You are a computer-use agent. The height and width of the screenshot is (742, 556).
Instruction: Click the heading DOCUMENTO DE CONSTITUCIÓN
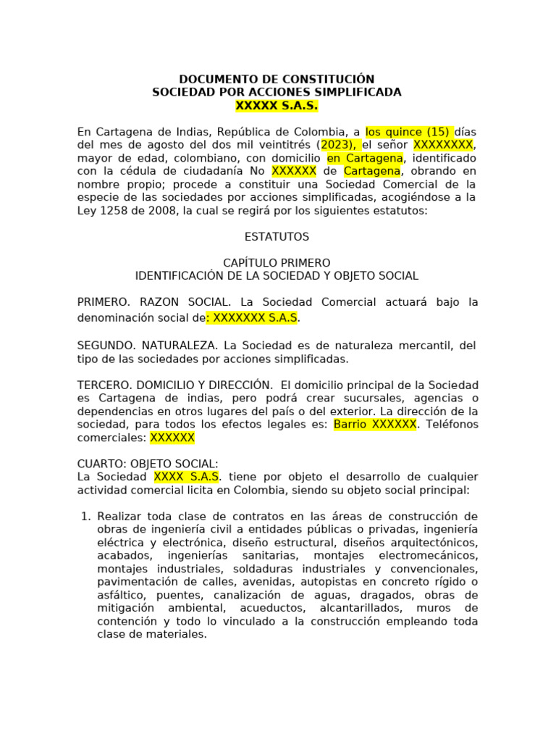coord(277,79)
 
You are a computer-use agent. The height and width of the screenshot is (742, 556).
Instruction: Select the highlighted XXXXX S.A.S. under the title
coord(277,106)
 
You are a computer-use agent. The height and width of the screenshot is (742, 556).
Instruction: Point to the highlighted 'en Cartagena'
coord(364,158)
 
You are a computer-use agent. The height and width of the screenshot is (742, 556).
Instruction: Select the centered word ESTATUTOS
coord(277,237)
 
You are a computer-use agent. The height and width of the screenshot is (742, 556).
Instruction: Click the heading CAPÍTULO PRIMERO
coord(277,263)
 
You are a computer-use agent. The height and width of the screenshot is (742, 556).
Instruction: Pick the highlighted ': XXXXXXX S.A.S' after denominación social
coord(252,318)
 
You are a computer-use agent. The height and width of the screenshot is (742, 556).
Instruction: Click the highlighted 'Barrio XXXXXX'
coord(374,425)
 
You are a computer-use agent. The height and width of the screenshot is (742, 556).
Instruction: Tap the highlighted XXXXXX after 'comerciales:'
coord(172,438)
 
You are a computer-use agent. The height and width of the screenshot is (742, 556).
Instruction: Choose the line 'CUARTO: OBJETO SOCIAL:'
coord(148,464)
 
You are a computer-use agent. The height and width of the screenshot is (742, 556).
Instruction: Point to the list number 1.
coord(85,517)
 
